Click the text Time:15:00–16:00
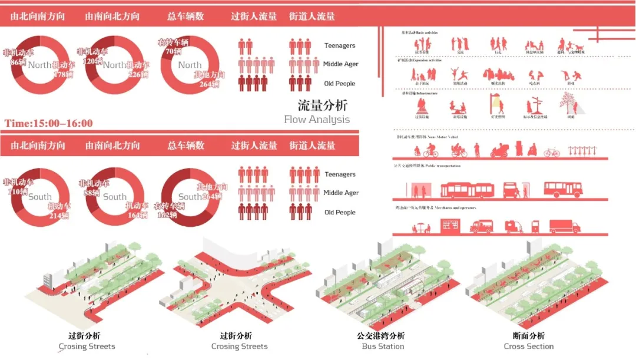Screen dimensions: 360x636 click(x=49, y=123)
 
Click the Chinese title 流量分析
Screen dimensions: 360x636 click(x=322, y=106)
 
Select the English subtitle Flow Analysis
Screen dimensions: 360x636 click(x=317, y=120)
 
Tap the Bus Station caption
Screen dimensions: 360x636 click(x=383, y=346)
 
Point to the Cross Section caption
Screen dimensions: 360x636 click(x=529, y=346)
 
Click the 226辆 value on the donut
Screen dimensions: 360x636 click(x=137, y=75)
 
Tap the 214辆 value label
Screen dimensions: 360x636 click(x=59, y=216)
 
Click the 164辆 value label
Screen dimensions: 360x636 click(x=137, y=215)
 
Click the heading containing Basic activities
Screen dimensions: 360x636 click(x=419, y=32)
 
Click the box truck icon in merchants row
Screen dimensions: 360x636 click(x=564, y=226)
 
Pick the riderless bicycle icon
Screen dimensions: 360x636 click(x=552, y=153)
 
